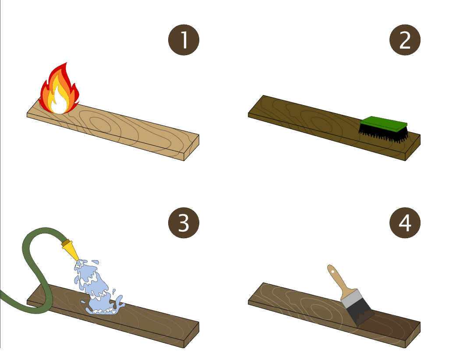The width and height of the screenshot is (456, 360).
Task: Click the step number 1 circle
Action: pyautogui.click(x=184, y=40)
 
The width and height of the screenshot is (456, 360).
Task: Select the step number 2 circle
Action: pyautogui.click(x=405, y=40)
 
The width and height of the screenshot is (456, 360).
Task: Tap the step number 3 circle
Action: pyautogui.click(x=184, y=223)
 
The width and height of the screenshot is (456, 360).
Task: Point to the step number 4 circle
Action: pyautogui.click(x=405, y=223)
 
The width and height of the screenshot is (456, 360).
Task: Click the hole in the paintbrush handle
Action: pyautogui.click(x=333, y=272)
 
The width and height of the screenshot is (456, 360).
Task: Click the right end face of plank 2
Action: pyautogui.click(x=413, y=148)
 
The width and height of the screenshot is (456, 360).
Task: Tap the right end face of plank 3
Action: pyautogui.click(x=192, y=335)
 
